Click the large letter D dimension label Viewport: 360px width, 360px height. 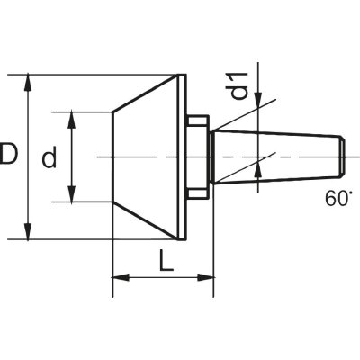[9, 154]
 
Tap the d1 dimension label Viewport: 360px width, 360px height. [238, 85]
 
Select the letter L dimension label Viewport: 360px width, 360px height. [166, 260]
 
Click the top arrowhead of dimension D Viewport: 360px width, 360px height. [28, 83]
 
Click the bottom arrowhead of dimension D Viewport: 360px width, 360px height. [28, 231]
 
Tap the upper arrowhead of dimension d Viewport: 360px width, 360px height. [71, 120]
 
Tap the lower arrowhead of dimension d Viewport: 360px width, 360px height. [71, 193]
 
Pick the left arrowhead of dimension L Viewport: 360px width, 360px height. [121, 277]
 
